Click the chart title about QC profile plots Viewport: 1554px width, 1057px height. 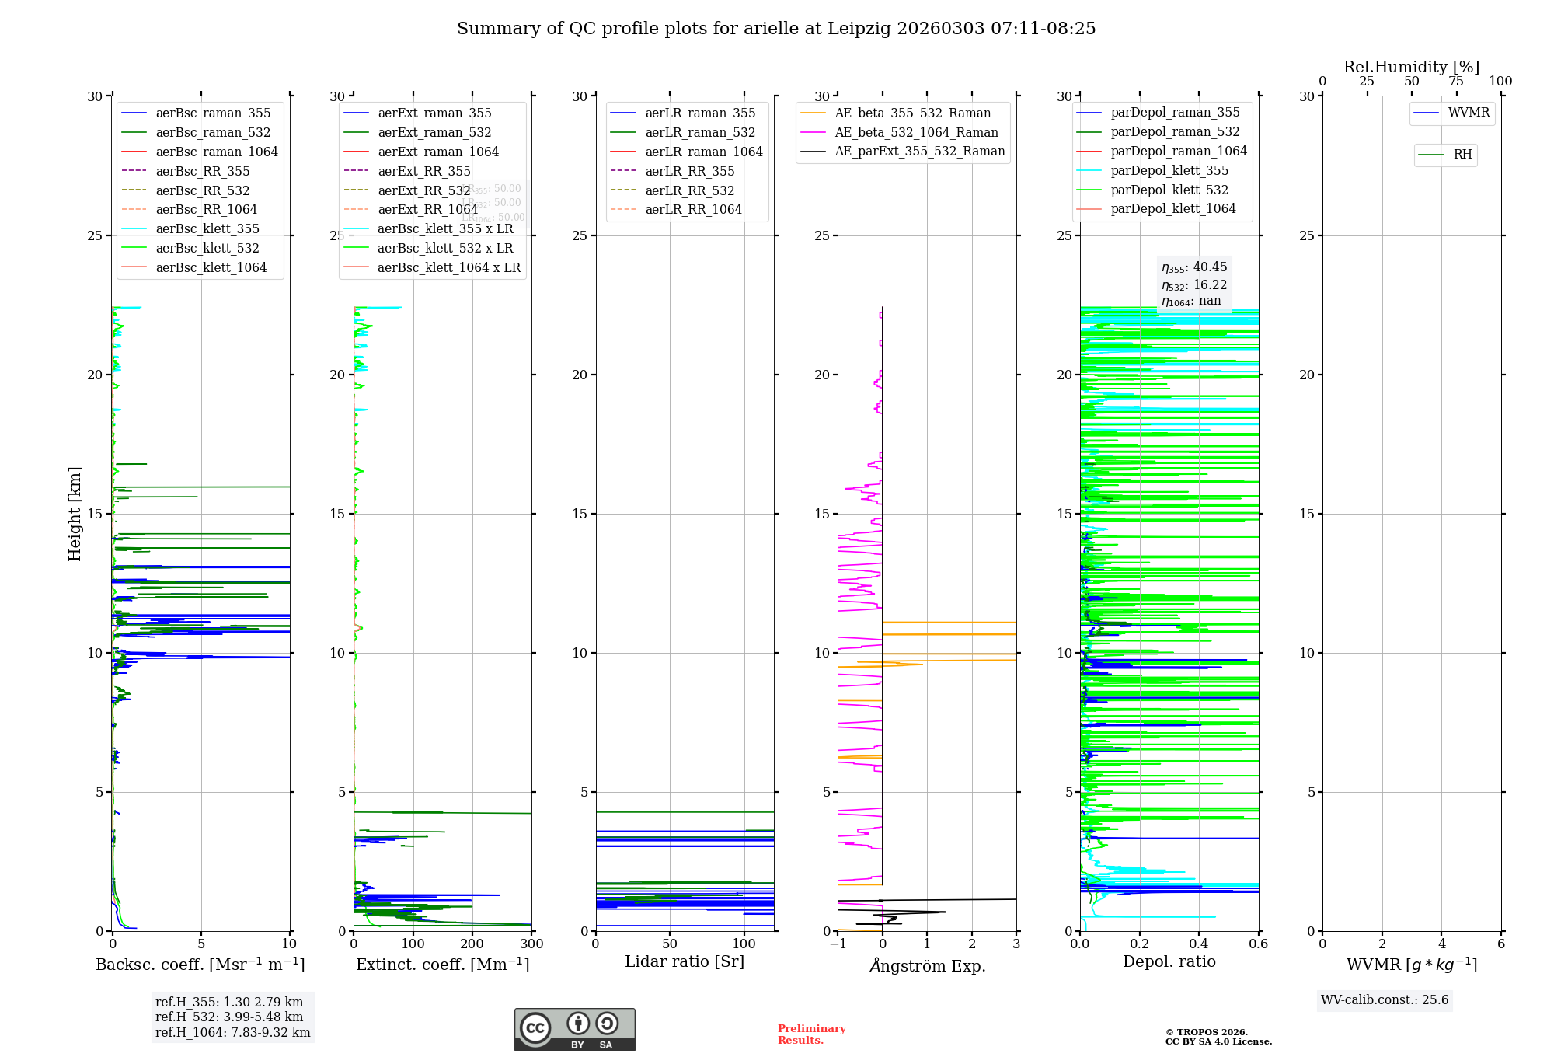tap(776, 29)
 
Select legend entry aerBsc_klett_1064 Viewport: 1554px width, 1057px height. tap(211, 267)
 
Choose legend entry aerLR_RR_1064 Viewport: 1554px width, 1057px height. tap(693, 209)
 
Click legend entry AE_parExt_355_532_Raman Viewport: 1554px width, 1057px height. tap(919, 151)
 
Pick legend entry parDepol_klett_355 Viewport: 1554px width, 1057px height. tap(1169, 170)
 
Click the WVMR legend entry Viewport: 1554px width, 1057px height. tap(1469, 113)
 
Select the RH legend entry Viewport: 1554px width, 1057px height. tap(1462, 155)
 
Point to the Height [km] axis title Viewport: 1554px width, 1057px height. tap(75, 513)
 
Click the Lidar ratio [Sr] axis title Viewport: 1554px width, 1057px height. tap(685, 961)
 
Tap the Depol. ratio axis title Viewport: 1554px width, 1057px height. tap(1169, 961)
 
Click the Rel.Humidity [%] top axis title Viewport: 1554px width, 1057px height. tap(1411, 67)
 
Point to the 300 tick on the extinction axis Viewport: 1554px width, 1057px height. tap(531, 944)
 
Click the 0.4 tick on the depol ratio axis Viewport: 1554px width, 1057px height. tap(1199, 944)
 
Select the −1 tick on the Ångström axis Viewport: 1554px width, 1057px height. tap(838, 944)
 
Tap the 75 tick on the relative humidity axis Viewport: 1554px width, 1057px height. tap(1456, 82)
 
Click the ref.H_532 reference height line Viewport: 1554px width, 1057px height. tap(229, 1017)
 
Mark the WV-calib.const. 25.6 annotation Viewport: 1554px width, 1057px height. tap(1385, 999)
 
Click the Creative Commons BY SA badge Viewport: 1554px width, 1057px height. tap(574, 1029)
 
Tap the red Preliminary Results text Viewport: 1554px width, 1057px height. tap(811, 1034)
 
